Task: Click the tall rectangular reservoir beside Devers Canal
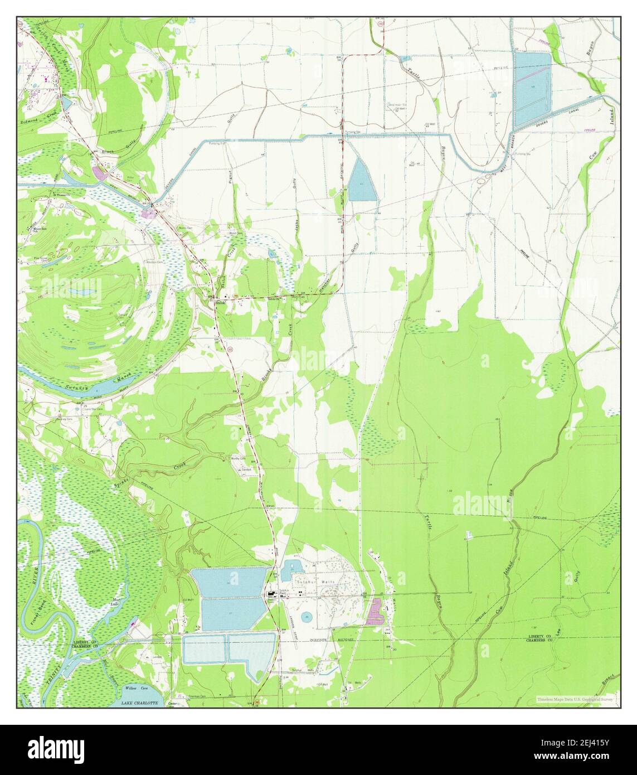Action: tap(531, 89)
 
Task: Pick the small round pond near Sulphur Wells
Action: tap(307, 617)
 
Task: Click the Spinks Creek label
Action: tap(150, 471)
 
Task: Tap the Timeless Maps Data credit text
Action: tap(575, 699)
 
